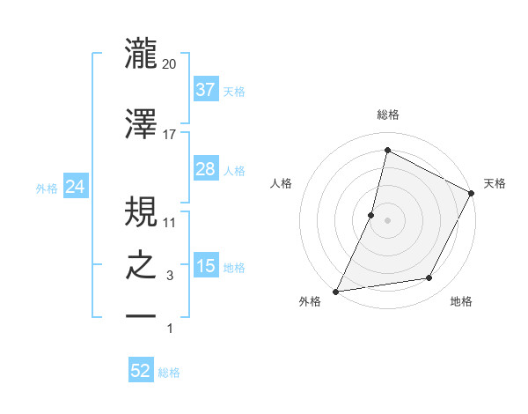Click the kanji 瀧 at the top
141,55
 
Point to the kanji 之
141,268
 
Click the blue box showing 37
205,90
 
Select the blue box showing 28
205,169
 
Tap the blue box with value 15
205,266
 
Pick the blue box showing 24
75,186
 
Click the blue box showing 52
141,371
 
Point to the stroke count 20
170,64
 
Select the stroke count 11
170,222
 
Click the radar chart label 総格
387,115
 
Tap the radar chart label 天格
495,183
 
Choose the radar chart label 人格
281,183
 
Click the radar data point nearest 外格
335,291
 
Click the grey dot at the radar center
387,220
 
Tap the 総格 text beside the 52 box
169,373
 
